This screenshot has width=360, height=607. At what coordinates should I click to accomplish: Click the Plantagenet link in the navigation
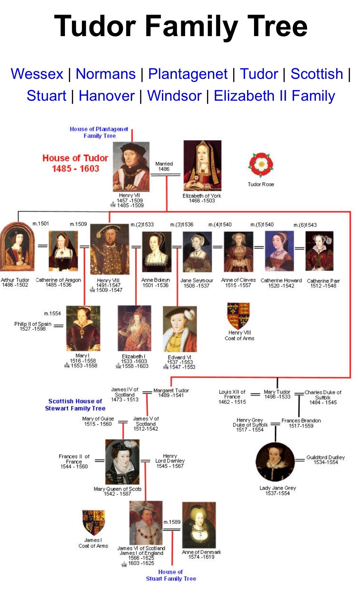coord(188,74)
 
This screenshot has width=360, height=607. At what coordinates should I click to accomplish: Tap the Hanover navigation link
coord(107,96)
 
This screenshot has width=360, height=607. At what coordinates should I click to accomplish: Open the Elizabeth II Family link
coord(274,96)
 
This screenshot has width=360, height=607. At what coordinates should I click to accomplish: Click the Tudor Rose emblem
coord(261,165)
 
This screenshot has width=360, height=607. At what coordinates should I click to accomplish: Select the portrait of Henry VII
coord(131,166)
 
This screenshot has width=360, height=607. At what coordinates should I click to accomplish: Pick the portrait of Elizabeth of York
coord(202,165)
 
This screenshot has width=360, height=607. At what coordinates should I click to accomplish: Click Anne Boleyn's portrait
coord(156,251)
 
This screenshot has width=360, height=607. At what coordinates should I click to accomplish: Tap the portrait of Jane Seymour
coord(197,252)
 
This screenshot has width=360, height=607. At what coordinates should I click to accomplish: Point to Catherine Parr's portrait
coord(319,251)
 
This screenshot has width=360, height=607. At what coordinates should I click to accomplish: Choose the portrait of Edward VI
coord(180,329)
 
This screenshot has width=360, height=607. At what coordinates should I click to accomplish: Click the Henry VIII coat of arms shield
coord(238,315)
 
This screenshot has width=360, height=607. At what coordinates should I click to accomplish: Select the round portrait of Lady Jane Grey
coord(275,462)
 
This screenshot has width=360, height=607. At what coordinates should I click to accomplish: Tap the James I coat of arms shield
coord(94,522)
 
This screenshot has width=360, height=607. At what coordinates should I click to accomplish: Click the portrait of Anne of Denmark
coord(199,525)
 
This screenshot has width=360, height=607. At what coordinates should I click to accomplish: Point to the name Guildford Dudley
coord(326,460)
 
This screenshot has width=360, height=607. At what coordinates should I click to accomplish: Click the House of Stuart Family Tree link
coord(171,575)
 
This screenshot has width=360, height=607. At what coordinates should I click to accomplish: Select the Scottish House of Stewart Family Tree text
coord(75,405)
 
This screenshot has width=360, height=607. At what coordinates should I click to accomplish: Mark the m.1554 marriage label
coord(52,313)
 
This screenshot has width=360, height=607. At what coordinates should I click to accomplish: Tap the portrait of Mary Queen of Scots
coord(122,462)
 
